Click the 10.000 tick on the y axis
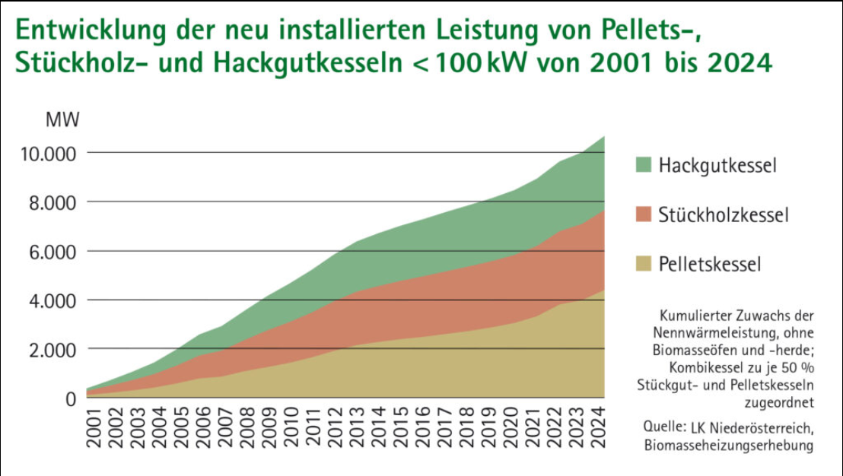[49, 154]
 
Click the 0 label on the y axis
[71, 399]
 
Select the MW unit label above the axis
[62, 120]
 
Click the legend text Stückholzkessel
[724, 215]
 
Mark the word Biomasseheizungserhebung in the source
[728, 445]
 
